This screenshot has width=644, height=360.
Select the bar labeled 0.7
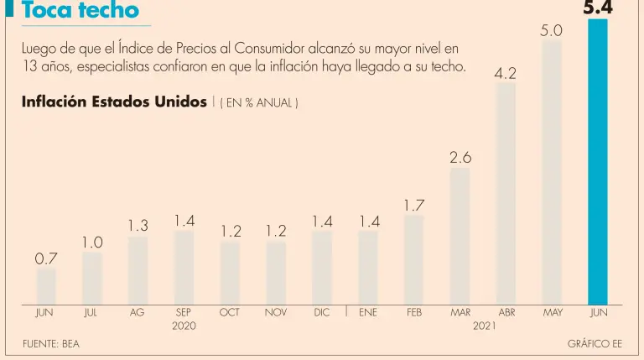click(x=46, y=286)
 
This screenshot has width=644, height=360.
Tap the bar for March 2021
click(x=460, y=236)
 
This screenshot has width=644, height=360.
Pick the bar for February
click(x=414, y=259)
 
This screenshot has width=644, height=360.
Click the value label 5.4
click(x=599, y=8)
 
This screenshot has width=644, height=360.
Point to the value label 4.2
click(x=505, y=73)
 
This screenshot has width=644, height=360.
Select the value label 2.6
click(x=460, y=157)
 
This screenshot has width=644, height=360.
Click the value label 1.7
click(x=414, y=205)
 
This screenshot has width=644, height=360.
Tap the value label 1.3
click(x=138, y=226)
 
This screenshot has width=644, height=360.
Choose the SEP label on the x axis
click(x=184, y=312)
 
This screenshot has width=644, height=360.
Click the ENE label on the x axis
click(x=368, y=312)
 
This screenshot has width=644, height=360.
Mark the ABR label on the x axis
click(x=506, y=312)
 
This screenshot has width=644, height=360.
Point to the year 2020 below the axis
click(x=184, y=325)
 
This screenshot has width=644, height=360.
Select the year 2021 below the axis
click(x=483, y=325)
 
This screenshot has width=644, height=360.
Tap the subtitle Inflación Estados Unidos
click(x=114, y=102)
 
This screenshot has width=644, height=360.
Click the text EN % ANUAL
click(x=259, y=103)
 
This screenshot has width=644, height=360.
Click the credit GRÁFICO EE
click(x=595, y=344)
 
